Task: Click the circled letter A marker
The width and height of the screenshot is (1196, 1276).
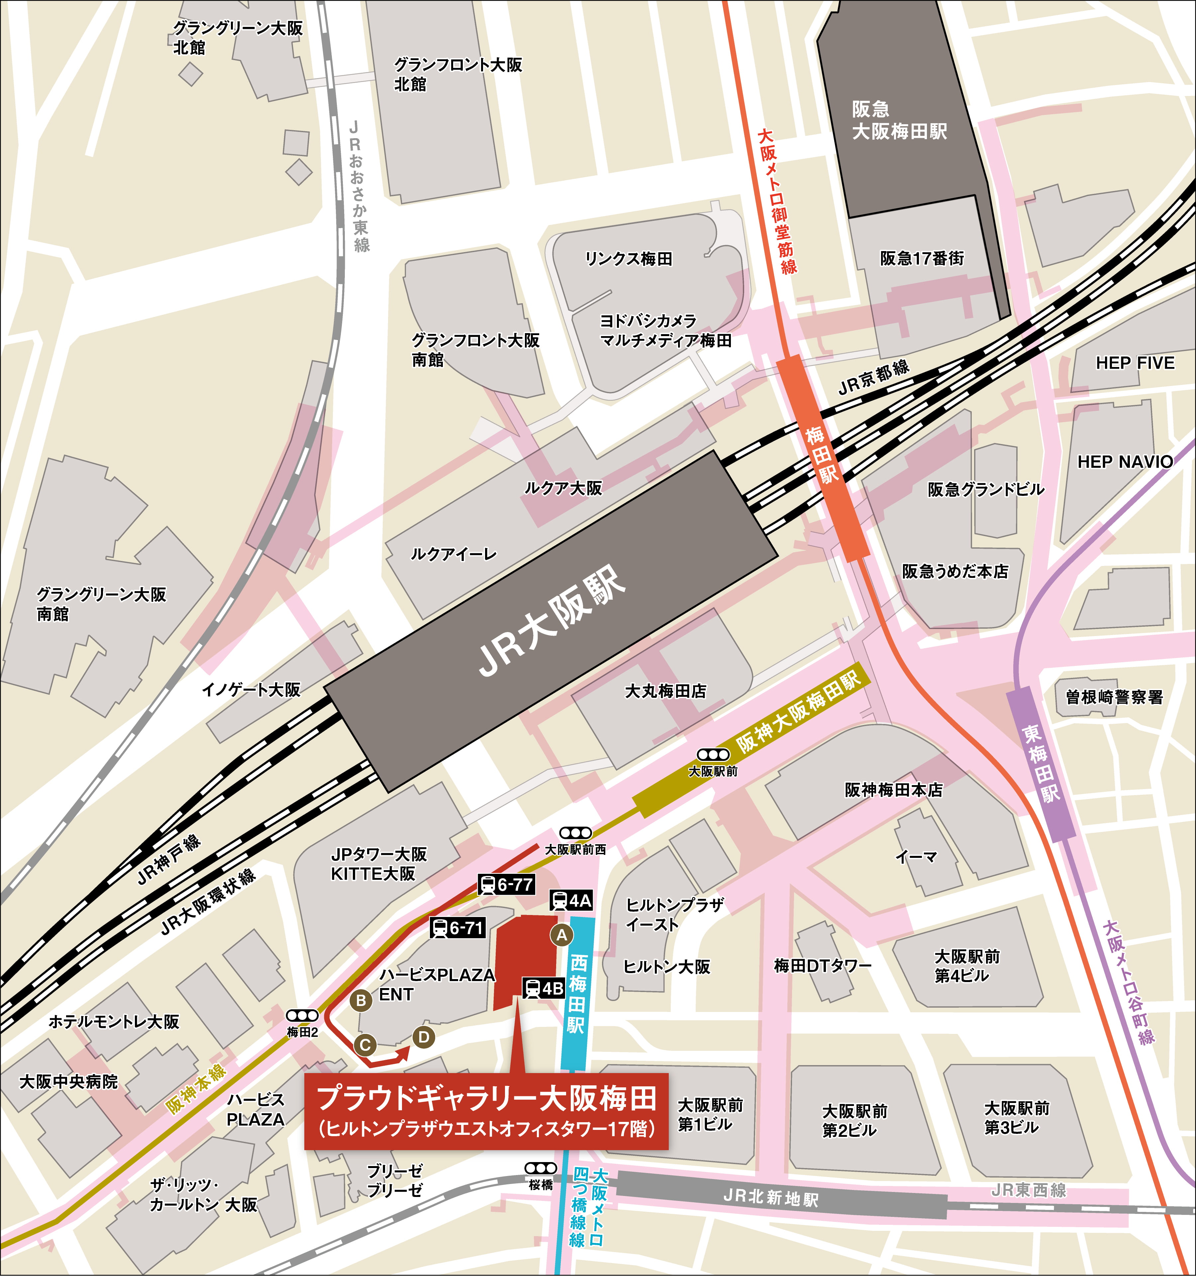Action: coord(562,935)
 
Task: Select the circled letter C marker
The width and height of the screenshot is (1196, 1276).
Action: coord(365,1044)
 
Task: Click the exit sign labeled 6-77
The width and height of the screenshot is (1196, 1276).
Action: coord(507,885)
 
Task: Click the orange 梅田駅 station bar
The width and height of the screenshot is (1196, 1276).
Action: coord(823,457)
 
